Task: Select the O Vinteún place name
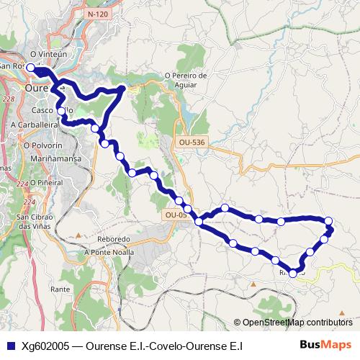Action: click(x=48, y=54)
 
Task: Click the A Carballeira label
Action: click(x=34, y=125)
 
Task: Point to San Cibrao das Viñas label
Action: click(x=34, y=222)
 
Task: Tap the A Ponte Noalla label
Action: click(x=109, y=252)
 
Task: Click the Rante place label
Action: click(x=60, y=289)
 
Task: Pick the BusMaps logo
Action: click(x=325, y=345)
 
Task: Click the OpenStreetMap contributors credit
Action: click(x=297, y=323)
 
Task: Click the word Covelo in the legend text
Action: click(x=163, y=346)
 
